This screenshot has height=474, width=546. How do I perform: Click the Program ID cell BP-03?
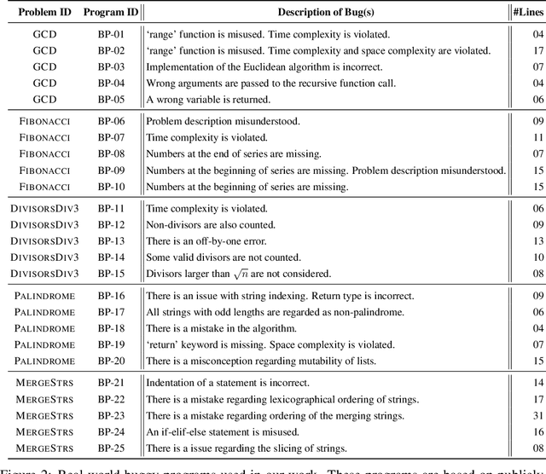[x=110, y=66]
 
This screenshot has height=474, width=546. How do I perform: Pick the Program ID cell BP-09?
[x=110, y=171]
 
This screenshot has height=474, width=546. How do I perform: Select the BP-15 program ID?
[x=110, y=274]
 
